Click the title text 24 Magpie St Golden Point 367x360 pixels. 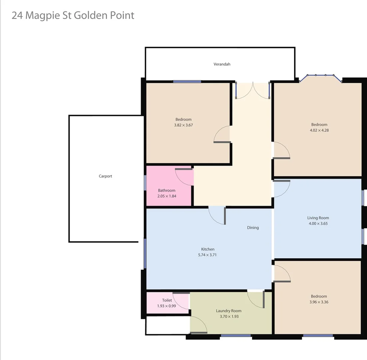point(73,15)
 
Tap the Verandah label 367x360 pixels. point(222,64)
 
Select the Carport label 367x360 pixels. point(105,176)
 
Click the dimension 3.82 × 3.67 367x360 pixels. point(183,125)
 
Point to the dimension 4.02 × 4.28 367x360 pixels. point(319,130)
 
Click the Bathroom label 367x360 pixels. point(167,190)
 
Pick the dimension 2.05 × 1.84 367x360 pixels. point(167,196)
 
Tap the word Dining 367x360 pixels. point(253,228)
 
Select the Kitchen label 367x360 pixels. point(208,249)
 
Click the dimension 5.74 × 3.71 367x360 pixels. point(208,255)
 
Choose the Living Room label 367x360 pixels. point(318,218)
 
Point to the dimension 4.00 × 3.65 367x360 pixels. point(318,223)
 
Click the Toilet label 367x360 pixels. point(167,300)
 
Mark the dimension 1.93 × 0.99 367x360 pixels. point(166,306)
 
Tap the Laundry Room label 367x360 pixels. point(229,311)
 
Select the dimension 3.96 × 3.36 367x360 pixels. point(319,302)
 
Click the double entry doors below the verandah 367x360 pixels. point(252,91)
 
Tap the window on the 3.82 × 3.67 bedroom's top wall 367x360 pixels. point(187,81)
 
